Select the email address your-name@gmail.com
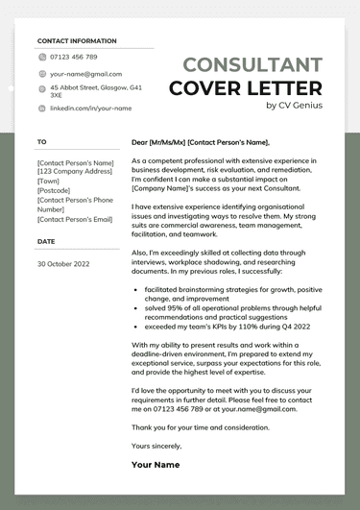click(x=85, y=73)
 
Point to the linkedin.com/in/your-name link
click(x=89, y=109)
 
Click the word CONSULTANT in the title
click(x=252, y=65)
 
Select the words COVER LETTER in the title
click(x=246, y=88)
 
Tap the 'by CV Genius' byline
click(x=294, y=106)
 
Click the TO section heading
click(x=41, y=141)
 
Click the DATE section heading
click(x=46, y=241)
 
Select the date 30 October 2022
click(x=62, y=262)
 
